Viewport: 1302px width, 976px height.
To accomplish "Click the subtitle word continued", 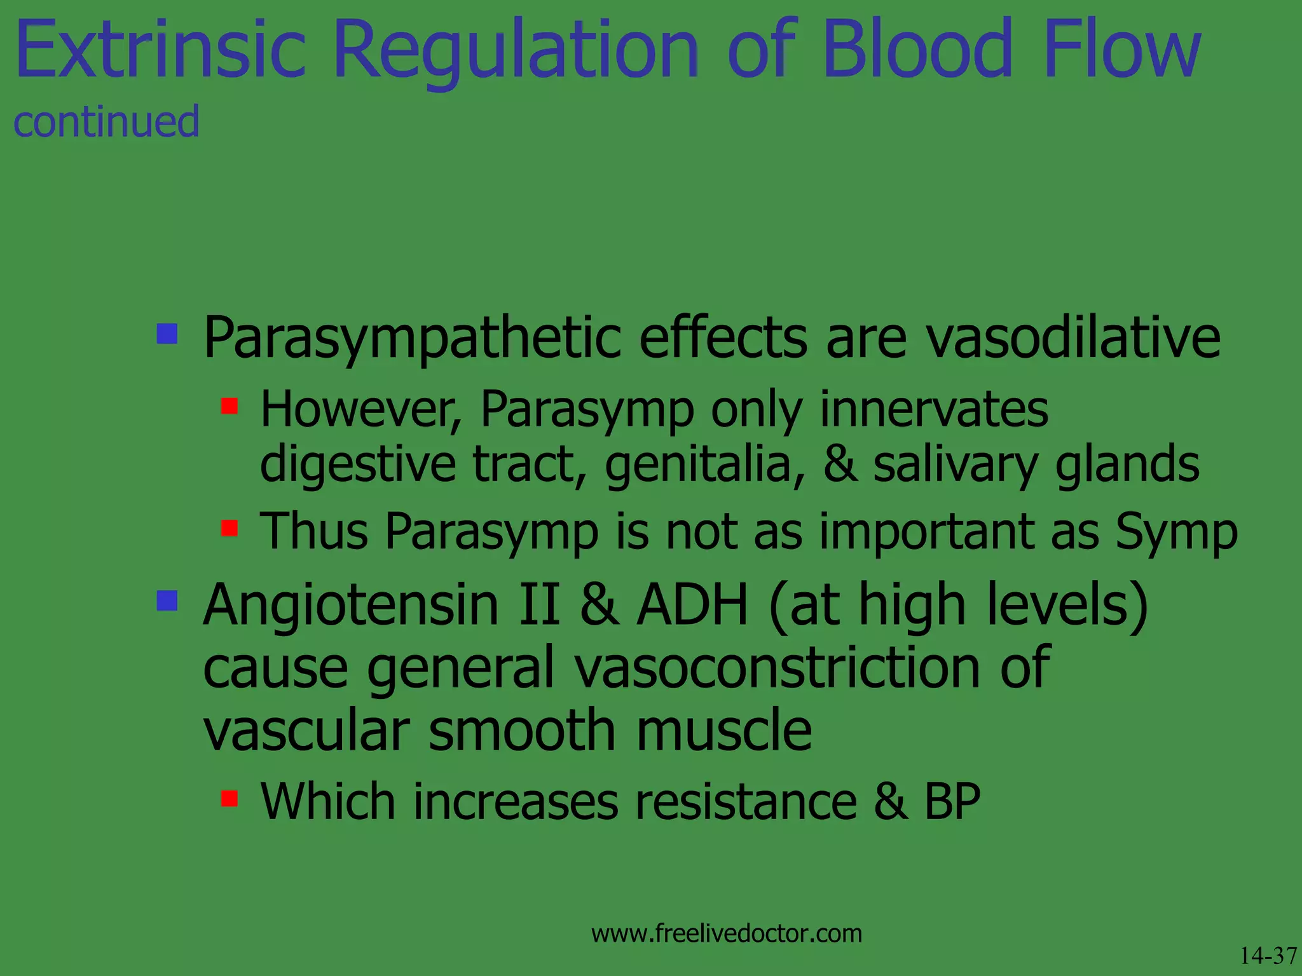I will tap(106, 121).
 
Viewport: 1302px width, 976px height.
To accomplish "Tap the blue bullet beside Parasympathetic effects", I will tap(167, 334).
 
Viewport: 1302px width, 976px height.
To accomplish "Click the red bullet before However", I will tap(230, 406).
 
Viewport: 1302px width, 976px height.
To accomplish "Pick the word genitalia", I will tap(705, 464).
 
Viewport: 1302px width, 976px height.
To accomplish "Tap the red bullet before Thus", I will tap(230, 528).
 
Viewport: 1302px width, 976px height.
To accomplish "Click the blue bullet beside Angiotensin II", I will tap(167, 600).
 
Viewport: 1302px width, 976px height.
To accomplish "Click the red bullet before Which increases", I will tap(230, 798).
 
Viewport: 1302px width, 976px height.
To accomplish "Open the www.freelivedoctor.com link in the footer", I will tap(727, 933).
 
